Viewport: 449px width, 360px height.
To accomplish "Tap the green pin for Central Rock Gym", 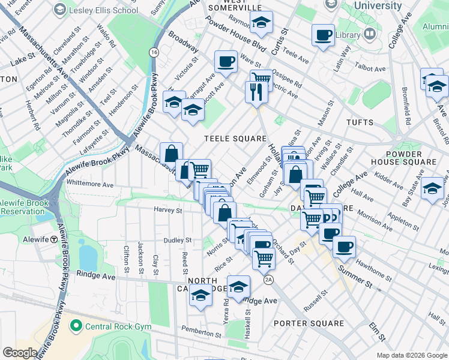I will [76, 327].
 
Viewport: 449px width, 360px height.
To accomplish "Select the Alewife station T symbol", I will [54, 239].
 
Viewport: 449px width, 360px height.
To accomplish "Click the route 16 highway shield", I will [155, 53].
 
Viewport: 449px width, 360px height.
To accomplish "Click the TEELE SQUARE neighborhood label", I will [235, 139].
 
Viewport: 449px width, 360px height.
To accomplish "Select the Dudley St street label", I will [178, 240].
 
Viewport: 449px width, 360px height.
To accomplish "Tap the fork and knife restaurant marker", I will [255, 91].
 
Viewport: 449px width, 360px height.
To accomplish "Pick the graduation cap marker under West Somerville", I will [261, 23].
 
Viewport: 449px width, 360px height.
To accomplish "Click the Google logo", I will [20, 353].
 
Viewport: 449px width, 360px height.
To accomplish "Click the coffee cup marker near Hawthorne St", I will [344, 246].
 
